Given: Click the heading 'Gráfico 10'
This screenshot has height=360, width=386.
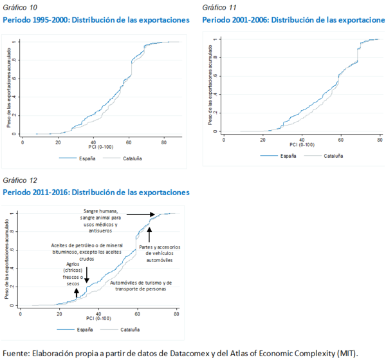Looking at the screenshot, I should [x=20, y=7].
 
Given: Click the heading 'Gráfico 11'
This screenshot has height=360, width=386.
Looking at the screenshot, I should [x=219, y=7].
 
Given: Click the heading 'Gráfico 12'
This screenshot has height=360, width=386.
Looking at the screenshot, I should [x=20, y=180].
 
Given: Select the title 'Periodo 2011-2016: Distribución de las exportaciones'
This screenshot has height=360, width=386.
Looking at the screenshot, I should [x=96, y=192].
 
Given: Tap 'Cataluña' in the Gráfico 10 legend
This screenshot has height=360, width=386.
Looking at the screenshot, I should [x=132, y=158].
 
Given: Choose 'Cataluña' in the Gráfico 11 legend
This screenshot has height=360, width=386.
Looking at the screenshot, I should [x=333, y=155].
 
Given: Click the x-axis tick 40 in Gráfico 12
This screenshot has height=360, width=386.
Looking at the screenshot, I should [x=98, y=312].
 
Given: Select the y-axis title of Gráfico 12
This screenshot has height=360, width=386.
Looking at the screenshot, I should [x=7, y=258].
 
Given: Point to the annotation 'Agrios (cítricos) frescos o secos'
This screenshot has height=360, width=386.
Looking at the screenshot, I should [x=73, y=272].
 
